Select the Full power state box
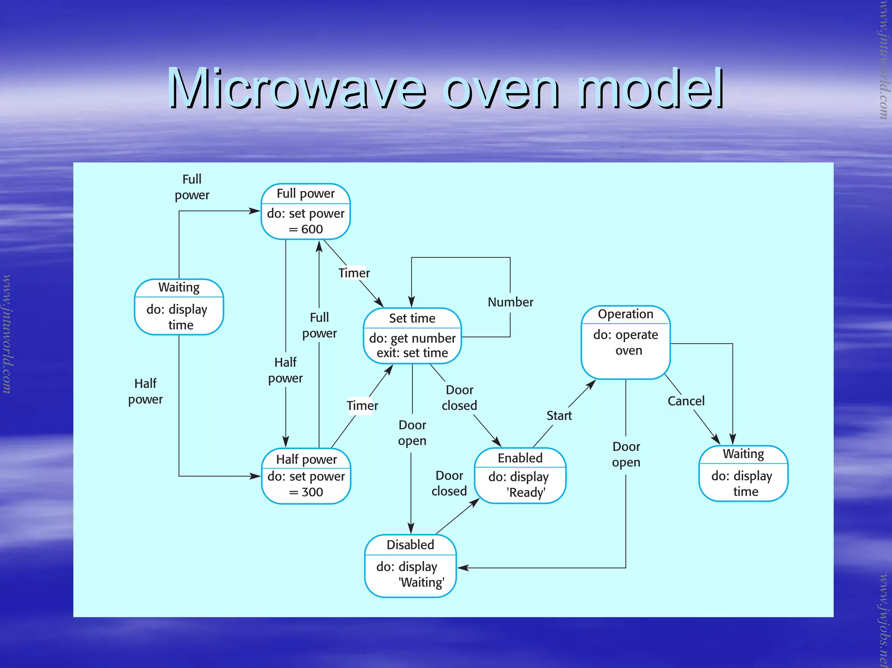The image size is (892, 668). click(305, 212)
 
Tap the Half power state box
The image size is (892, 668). click(306, 476)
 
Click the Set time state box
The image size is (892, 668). click(412, 336)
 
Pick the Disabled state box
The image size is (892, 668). click(410, 566)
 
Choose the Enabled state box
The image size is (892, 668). click(520, 476)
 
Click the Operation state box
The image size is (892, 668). click(625, 342)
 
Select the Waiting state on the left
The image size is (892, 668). click(179, 307)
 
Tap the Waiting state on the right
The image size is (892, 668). click(743, 473)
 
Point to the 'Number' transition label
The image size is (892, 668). click(510, 302)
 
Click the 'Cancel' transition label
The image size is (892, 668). click(686, 401)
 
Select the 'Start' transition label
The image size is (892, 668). click(559, 415)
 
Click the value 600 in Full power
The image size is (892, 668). click(312, 229)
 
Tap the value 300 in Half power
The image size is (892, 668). click(312, 492)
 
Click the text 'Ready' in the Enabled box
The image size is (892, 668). click(526, 493)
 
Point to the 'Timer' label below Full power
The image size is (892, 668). click(354, 273)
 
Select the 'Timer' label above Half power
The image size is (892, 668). click(362, 405)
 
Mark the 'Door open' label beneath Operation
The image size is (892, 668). click(626, 454)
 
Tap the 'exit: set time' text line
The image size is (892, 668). click(412, 353)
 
